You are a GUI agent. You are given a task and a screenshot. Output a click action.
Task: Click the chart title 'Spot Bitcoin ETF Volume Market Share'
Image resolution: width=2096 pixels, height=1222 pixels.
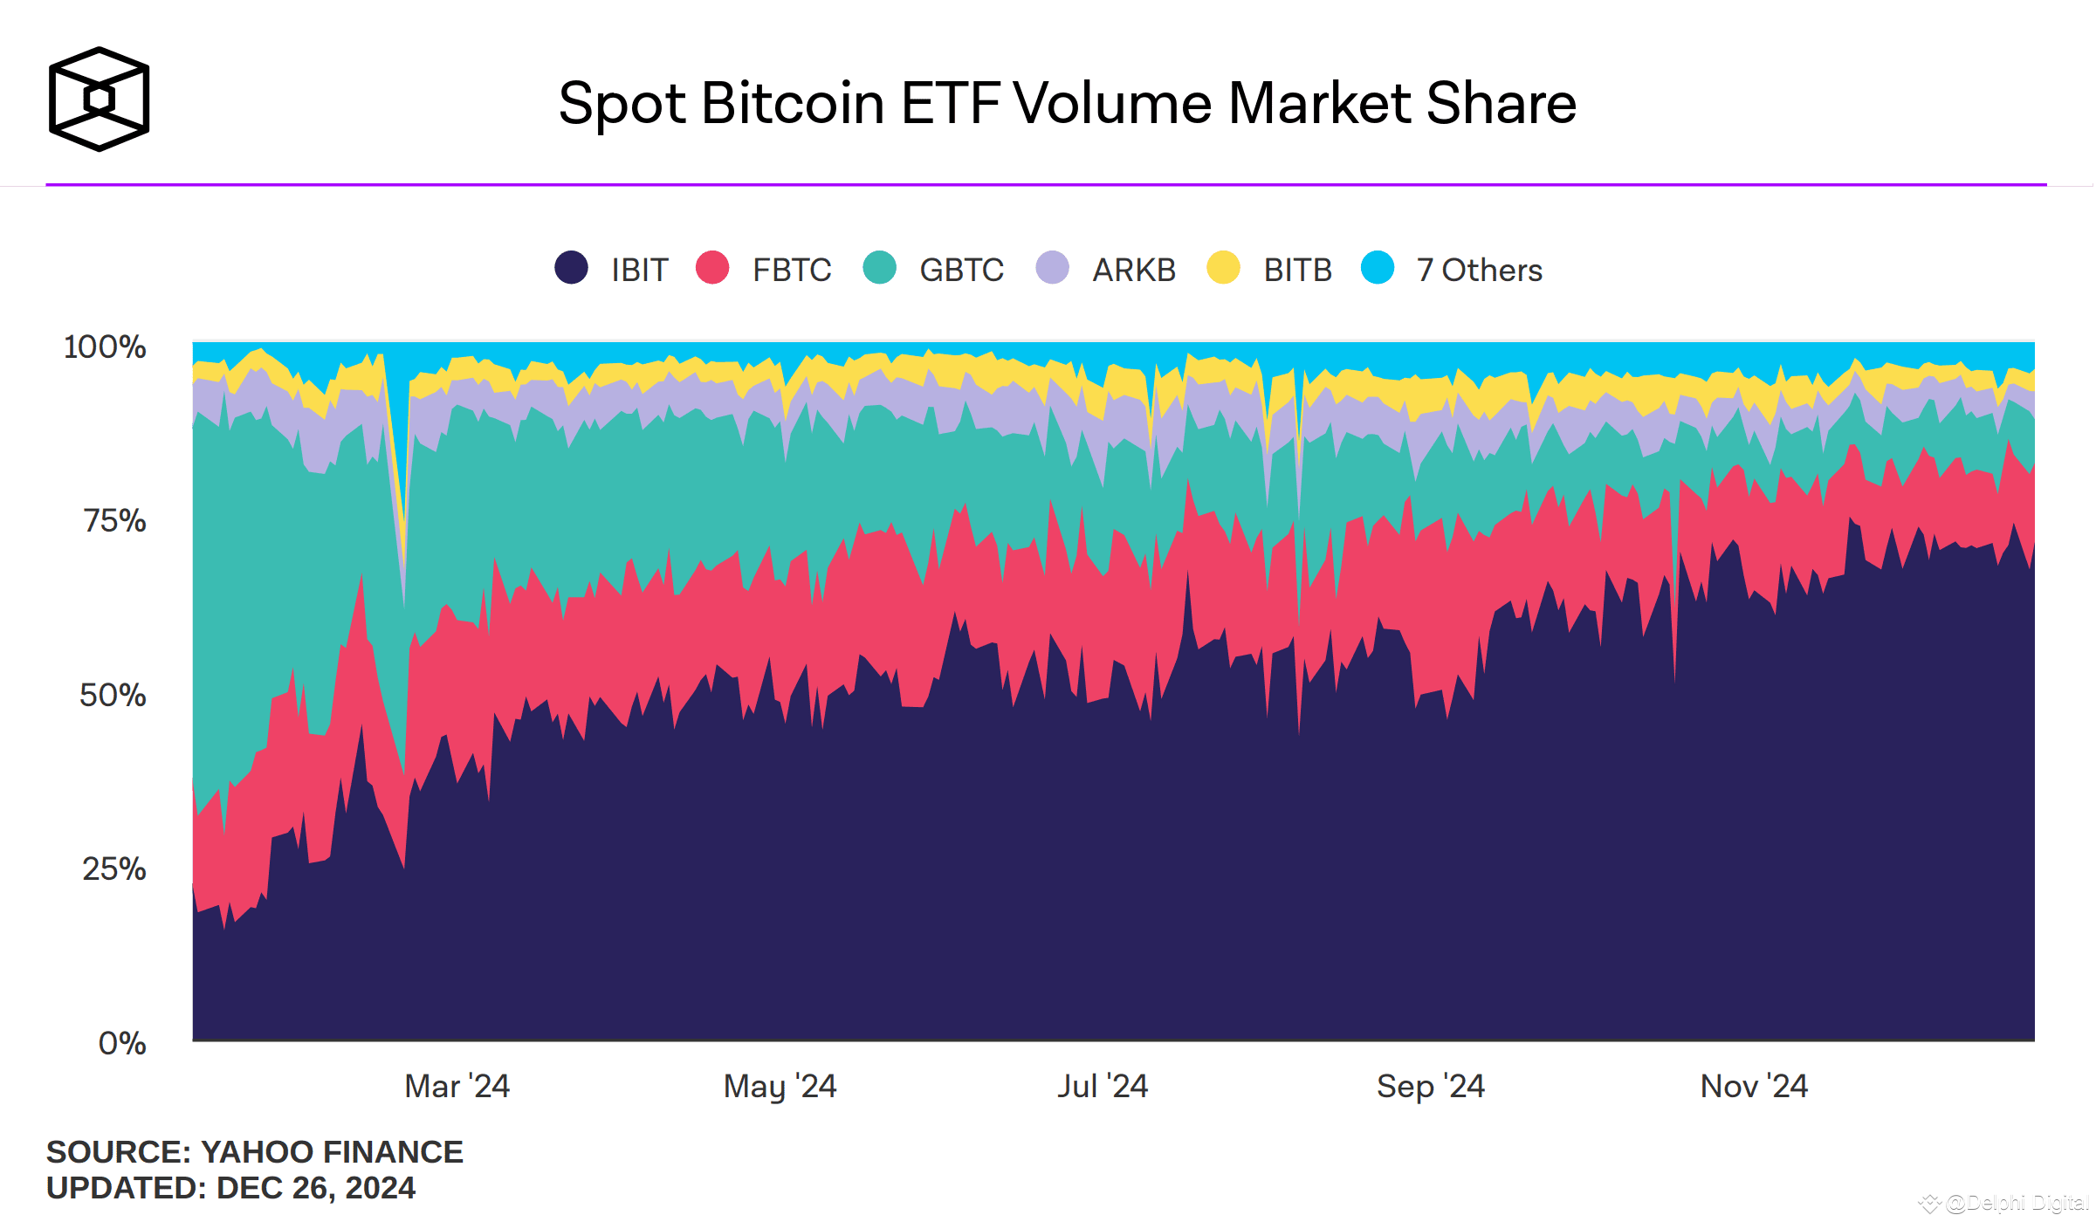point(1067,103)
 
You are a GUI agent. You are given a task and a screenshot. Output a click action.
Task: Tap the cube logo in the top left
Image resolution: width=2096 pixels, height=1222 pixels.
point(100,99)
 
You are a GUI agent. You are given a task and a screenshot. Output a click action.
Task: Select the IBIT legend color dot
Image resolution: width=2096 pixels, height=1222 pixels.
point(572,267)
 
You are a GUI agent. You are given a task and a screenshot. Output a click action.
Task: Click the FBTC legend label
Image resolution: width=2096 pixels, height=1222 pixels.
point(792,271)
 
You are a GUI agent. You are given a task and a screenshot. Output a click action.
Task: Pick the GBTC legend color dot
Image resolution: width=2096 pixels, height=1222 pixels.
point(879,267)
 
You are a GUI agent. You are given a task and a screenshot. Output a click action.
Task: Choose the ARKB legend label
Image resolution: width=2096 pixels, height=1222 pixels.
point(1134,271)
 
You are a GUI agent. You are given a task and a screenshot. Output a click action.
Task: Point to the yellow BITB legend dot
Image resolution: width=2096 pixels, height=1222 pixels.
point(1223,267)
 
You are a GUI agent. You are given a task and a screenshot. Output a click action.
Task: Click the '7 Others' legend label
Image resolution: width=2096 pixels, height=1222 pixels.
point(1480,271)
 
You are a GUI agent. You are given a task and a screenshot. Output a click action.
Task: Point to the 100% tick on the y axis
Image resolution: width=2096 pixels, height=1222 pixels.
point(105,347)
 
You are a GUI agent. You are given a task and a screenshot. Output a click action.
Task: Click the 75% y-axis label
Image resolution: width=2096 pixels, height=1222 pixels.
point(114,521)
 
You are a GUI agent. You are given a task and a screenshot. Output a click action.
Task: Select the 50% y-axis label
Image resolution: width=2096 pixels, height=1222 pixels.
point(113,695)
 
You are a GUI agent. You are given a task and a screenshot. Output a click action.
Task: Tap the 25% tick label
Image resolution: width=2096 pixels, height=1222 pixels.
point(114,869)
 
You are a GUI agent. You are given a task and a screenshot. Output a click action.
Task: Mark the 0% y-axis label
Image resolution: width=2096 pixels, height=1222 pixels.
point(122,1043)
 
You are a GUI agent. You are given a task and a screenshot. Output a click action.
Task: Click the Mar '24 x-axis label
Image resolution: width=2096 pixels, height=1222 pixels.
point(457,1087)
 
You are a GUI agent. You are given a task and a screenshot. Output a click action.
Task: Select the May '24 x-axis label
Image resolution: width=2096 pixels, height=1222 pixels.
point(780,1087)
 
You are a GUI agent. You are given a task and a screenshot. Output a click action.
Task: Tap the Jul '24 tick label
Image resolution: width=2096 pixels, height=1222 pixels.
point(1103,1087)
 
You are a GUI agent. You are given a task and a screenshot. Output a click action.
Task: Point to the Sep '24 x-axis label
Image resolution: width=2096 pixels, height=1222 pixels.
point(1430,1087)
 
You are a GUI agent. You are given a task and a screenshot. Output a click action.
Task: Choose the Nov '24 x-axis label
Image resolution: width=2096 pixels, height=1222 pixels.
point(1754,1087)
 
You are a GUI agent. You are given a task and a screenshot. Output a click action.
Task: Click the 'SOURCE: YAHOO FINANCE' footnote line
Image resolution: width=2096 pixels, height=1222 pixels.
point(254,1152)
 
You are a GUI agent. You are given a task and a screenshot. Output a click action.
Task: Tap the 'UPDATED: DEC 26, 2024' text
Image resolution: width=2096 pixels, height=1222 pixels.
point(230,1188)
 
